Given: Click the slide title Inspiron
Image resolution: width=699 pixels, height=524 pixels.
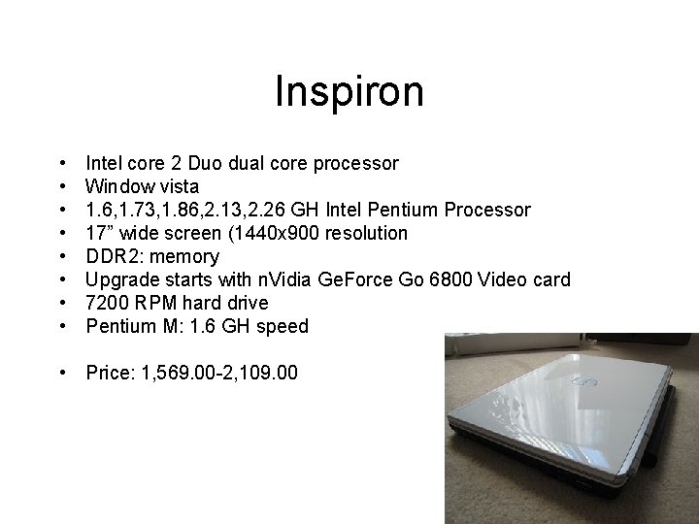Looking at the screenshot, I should point(349,92).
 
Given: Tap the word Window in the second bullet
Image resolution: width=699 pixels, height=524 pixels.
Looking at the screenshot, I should point(115,186).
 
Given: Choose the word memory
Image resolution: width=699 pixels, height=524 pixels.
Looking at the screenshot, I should point(184,256).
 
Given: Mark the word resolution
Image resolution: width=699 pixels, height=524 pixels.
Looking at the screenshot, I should point(367,233).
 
